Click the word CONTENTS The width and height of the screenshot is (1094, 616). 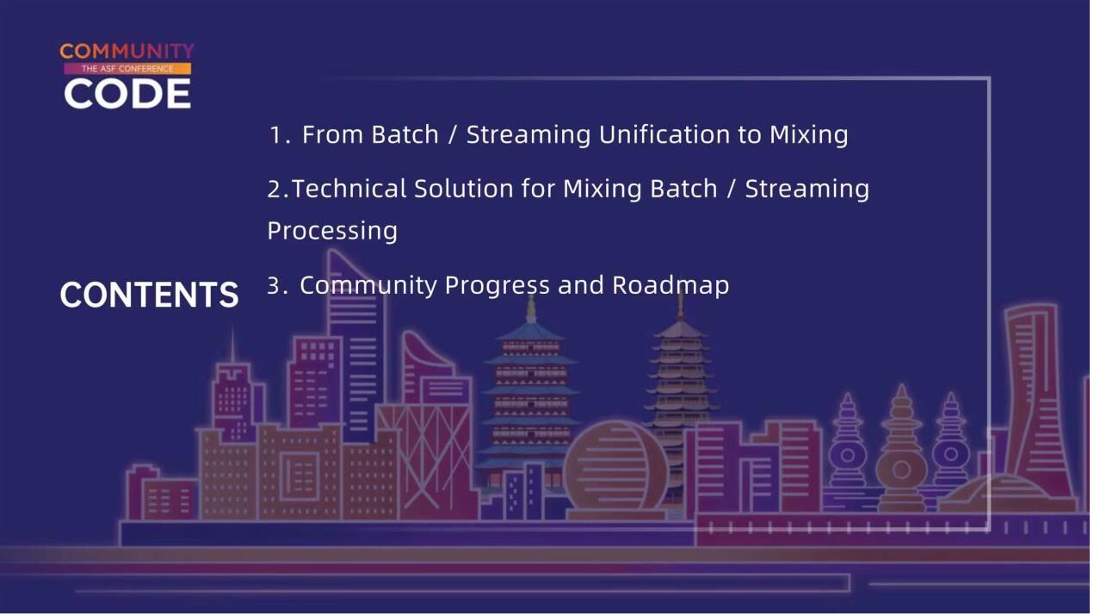click(149, 295)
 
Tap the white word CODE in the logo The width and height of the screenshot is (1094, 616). click(127, 94)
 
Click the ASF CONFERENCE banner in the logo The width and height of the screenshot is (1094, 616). click(127, 68)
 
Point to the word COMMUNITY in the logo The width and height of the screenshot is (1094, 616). click(127, 51)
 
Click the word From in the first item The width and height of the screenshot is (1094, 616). click(332, 134)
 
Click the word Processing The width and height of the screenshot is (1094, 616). click(332, 231)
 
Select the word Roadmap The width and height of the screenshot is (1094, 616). click(671, 285)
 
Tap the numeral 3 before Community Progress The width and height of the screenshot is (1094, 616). click(273, 286)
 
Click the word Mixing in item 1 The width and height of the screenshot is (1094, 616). click(809, 134)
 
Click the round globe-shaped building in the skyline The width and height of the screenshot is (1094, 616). click(615, 470)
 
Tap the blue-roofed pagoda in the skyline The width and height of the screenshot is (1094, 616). click(530, 401)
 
